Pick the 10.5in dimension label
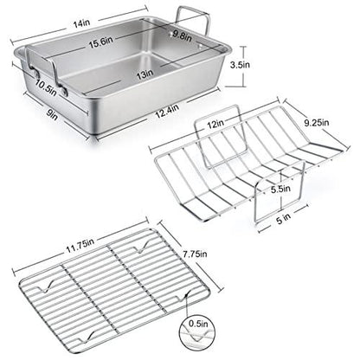point(48,86)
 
